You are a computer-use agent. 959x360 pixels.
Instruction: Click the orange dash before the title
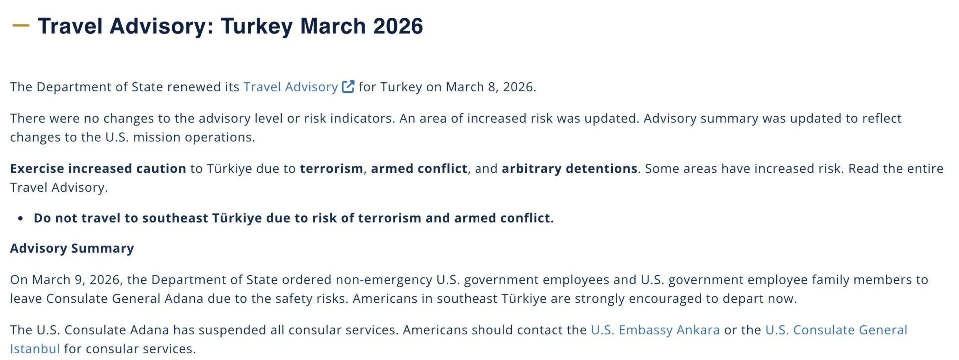pyautogui.click(x=21, y=25)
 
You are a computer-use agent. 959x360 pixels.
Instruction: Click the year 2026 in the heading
pyautogui.click(x=398, y=26)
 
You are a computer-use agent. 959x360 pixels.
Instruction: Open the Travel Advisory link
pyautogui.click(x=291, y=87)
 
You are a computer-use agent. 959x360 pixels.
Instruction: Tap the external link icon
pyautogui.click(x=348, y=87)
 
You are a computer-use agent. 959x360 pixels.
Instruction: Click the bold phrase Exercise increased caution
pyautogui.click(x=98, y=168)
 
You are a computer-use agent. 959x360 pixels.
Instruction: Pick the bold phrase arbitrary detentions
pyautogui.click(x=570, y=168)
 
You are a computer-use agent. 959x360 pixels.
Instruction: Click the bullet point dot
pyautogui.click(x=20, y=218)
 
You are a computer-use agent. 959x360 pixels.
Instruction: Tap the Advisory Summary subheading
pyautogui.click(x=72, y=248)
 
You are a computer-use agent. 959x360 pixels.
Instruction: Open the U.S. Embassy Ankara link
pyautogui.click(x=655, y=330)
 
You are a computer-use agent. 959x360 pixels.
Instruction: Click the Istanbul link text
pyautogui.click(x=35, y=349)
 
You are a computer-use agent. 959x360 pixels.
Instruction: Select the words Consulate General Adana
pyautogui.click(x=125, y=299)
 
